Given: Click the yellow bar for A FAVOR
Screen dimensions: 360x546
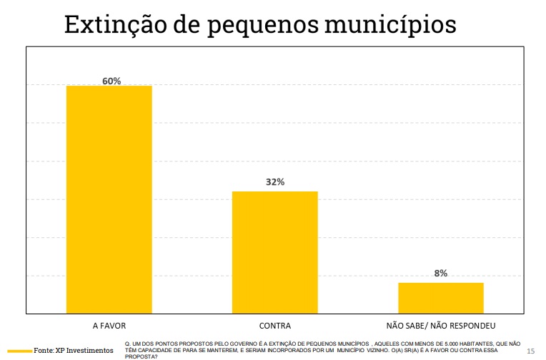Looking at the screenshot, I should click(109, 199).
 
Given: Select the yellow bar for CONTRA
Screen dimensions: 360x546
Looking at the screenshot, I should click(274, 252).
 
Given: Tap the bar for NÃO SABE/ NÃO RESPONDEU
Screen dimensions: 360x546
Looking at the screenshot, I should click(440, 298).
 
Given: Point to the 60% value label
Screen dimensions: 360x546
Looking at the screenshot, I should click(111, 81).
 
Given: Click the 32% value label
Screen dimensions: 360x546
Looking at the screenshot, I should click(274, 182).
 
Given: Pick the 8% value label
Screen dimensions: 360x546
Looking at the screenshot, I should click(440, 273).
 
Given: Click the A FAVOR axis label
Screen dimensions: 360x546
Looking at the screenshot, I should click(109, 324).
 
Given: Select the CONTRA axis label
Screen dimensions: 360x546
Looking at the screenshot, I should click(274, 324).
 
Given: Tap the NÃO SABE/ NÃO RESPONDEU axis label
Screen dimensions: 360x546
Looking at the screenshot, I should click(440, 324).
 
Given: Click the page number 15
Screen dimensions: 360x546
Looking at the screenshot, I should click(530, 351).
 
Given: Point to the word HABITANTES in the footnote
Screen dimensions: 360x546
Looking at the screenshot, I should click(481, 344).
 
